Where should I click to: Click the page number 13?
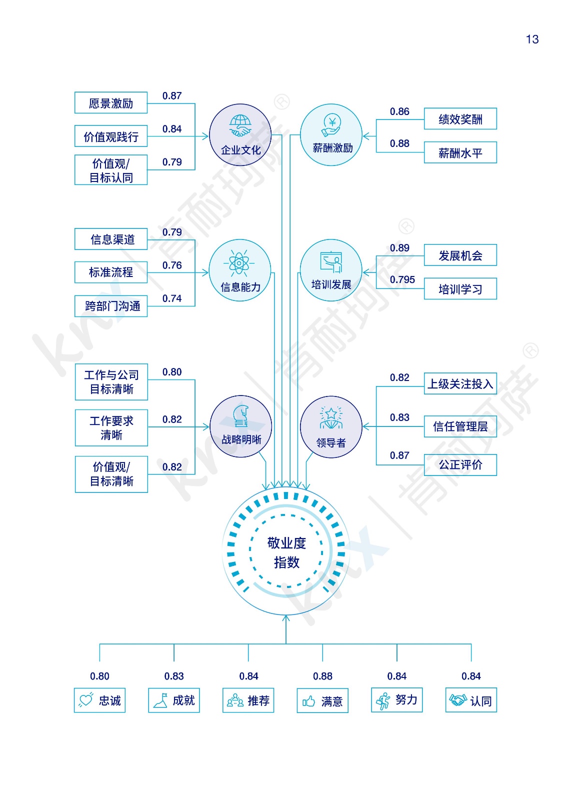(x=532, y=39)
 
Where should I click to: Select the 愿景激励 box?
(x=111, y=103)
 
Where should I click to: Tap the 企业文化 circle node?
(x=240, y=135)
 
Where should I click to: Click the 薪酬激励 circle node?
(x=331, y=135)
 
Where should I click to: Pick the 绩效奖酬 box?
(x=460, y=119)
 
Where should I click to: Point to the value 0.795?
(x=402, y=279)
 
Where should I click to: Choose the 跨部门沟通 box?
(x=111, y=306)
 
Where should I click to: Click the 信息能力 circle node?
(x=240, y=270)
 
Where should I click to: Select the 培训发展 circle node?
(x=331, y=270)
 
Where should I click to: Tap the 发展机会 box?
(x=460, y=255)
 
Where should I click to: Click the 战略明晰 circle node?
(x=241, y=426)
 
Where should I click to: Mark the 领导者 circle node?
(x=331, y=426)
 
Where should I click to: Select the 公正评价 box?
(x=460, y=465)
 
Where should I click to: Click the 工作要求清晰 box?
(x=111, y=427)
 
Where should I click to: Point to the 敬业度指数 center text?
(x=286, y=552)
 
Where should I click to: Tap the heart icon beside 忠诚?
(x=86, y=700)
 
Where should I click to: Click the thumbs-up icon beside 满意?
(x=309, y=701)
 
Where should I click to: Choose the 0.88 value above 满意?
(x=322, y=676)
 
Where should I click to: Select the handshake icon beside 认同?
(x=457, y=700)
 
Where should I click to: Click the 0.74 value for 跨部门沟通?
(x=172, y=298)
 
